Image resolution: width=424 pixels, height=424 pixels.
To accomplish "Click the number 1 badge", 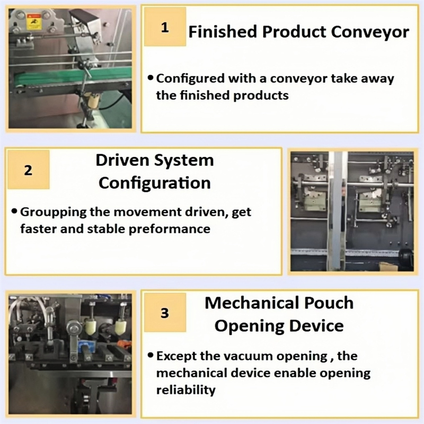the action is [165, 27].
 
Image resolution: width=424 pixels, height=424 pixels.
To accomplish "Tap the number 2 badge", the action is [29, 170].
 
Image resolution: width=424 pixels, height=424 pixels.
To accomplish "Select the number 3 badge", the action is [165, 313].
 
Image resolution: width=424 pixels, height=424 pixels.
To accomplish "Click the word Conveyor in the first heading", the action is [370, 32].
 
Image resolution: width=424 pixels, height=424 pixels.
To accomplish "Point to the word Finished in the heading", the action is [223, 31].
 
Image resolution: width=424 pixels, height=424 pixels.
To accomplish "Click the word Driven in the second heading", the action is [122, 160].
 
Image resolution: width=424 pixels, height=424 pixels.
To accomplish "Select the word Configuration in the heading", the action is [155, 183].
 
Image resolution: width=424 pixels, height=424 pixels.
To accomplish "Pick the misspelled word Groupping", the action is [53, 213].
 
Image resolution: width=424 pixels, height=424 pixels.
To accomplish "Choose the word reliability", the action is [186, 390].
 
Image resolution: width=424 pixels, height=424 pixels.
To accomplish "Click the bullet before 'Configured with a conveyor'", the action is [151, 78].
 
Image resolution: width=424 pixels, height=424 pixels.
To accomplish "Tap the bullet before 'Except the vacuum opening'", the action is [151, 355].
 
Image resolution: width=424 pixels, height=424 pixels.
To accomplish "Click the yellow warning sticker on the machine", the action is [34, 22].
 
